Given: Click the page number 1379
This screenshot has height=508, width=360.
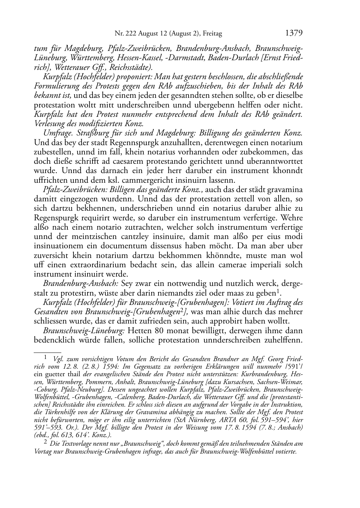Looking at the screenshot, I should tap(294, 33).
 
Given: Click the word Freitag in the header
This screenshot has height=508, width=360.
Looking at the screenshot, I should tap(213, 34).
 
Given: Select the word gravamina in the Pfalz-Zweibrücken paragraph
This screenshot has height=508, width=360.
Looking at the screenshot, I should tap(285, 190).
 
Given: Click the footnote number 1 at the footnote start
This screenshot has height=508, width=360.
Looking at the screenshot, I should tap(46, 358).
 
